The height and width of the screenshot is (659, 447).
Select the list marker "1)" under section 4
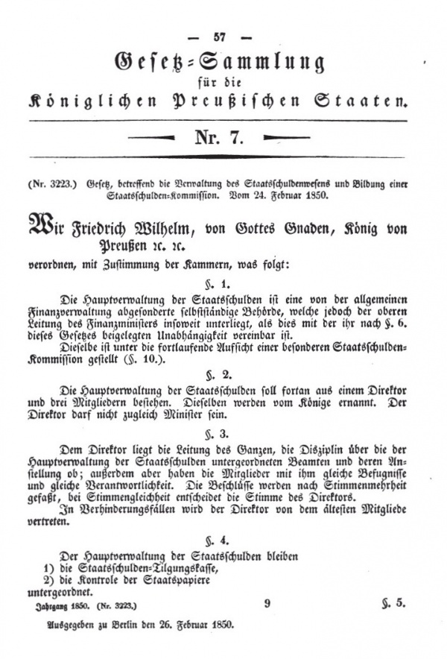49,568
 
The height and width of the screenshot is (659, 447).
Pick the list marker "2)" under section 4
49,580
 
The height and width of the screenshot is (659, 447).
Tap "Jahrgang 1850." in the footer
62,606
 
